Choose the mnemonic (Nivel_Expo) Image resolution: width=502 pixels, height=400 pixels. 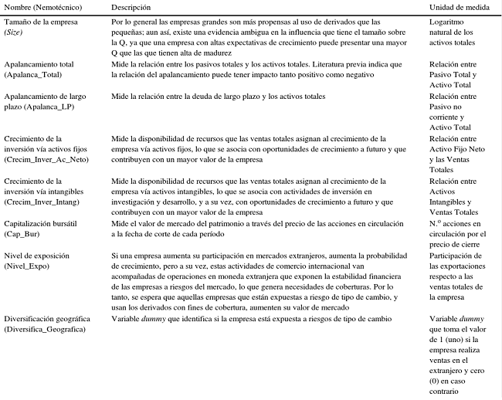pyautogui.click(x=29, y=264)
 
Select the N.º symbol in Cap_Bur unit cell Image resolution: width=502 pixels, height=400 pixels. pyautogui.click(x=436, y=222)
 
